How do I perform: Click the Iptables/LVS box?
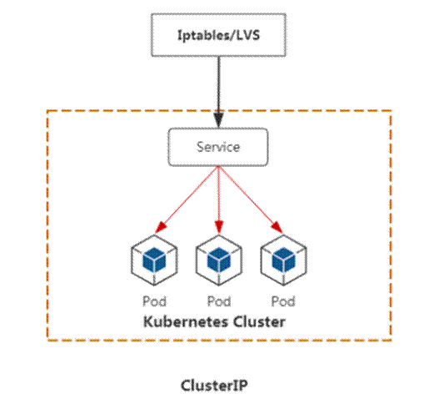click(218, 35)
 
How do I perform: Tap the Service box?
click(218, 147)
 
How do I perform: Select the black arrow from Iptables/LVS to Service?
click(218, 92)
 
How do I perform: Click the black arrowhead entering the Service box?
click(218, 119)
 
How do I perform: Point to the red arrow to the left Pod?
click(187, 199)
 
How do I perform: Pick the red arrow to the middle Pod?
click(219, 199)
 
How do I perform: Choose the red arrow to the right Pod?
click(251, 199)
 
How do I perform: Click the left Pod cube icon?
click(154, 260)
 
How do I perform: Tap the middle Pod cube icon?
click(219, 260)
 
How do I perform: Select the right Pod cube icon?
click(283, 260)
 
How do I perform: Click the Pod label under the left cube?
click(154, 301)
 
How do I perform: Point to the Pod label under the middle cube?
click(219, 301)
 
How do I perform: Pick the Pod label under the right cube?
click(283, 301)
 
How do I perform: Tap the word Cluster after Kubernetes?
click(259, 322)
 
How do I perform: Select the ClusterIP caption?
click(214, 386)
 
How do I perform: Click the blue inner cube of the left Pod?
click(154, 260)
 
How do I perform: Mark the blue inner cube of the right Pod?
click(283, 260)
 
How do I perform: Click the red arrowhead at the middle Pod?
click(219, 227)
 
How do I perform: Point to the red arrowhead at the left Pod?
click(160, 227)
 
